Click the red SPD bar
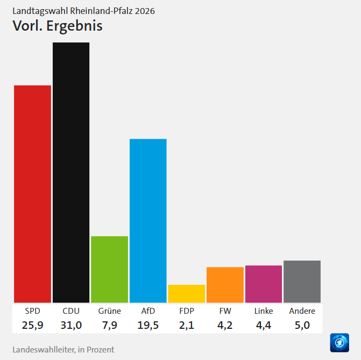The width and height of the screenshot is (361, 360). pos(32,193)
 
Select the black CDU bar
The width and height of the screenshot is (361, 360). pos(71,172)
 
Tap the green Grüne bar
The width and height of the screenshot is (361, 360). pos(109,269)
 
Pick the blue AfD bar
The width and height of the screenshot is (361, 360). pos(148,220)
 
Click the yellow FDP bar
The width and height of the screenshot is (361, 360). pos(187,293)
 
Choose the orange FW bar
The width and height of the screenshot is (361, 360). pos(225,285)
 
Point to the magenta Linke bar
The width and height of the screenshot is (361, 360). pos(264,284)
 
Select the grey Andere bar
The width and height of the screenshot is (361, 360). pos(302,282)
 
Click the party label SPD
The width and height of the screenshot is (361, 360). pos(32,311)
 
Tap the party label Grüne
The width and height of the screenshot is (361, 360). pos(109,311)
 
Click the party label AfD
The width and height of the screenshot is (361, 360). pos(148,311)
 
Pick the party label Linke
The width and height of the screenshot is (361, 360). pos(264,311)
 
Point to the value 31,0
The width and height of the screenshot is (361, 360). pos(71,325)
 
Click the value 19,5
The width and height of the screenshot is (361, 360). pos(148,325)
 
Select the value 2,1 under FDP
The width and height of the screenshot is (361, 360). pos(187,325)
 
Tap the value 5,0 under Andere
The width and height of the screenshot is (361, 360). pos(302,325)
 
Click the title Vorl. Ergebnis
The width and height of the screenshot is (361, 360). pos(57,26)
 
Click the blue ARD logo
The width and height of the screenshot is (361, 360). pos(339,343)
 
